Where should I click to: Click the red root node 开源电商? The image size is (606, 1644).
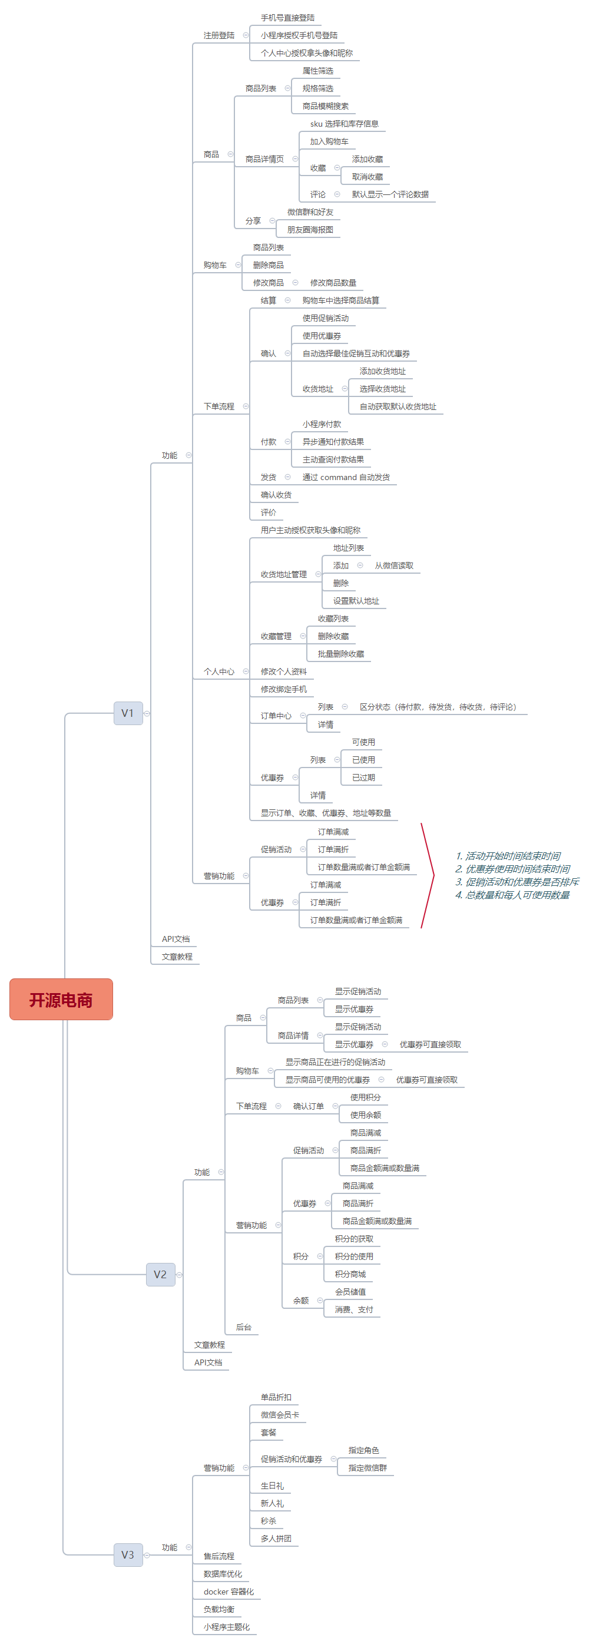point(61,1000)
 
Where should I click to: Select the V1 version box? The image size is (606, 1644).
point(128,713)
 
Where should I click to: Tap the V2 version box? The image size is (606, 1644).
point(161,1275)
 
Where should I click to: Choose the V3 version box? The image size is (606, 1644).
point(128,1554)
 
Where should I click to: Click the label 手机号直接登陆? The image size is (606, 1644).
point(288,18)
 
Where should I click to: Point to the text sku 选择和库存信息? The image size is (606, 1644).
point(345,124)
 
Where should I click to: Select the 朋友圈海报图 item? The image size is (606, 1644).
point(310,230)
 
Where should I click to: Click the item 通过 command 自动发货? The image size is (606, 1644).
point(346,477)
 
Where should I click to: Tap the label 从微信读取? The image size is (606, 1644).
point(394,565)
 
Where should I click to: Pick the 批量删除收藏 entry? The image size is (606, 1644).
point(341,654)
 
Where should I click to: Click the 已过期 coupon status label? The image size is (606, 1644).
point(363,778)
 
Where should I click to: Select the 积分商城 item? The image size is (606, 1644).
point(351,1274)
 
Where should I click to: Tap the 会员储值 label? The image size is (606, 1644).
point(351,1292)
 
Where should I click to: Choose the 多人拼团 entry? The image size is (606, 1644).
point(276,1538)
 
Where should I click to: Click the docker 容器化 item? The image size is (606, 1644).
point(229,1592)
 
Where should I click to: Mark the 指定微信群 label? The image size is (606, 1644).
point(368,1468)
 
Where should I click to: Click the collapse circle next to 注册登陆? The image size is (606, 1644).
point(246,35)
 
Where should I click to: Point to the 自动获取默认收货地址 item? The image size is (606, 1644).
point(398,406)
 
